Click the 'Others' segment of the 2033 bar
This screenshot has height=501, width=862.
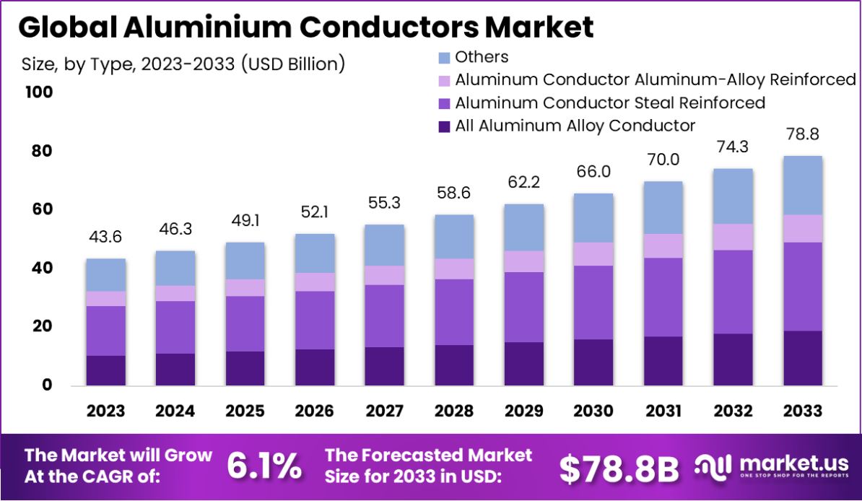tap(802, 186)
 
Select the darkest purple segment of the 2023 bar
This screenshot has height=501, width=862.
tap(105, 370)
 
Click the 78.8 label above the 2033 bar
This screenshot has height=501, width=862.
tap(802, 135)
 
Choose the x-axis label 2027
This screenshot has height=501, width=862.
tap(384, 411)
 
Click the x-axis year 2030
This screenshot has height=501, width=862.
tap(593, 411)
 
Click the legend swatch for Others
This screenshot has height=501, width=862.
tap(444, 58)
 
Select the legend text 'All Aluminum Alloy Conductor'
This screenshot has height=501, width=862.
tap(575, 126)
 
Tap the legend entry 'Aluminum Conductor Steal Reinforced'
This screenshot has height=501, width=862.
tap(609, 103)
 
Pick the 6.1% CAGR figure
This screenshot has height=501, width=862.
tap(264, 466)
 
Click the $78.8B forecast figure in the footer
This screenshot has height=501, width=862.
tap(619, 469)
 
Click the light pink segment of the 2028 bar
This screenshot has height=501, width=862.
tap(453, 269)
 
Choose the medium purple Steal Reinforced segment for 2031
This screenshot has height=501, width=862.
tap(663, 297)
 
